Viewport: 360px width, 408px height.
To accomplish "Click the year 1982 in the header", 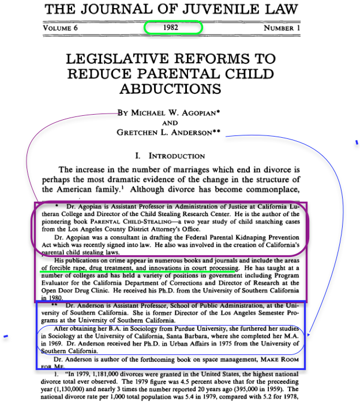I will (172, 28).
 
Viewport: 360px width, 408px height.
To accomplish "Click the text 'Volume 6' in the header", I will (61, 28).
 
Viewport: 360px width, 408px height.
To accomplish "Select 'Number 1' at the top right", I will (282, 28).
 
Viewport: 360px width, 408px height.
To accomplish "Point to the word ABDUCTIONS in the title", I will (170, 88).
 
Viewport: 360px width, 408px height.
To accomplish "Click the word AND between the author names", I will (170, 122).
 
